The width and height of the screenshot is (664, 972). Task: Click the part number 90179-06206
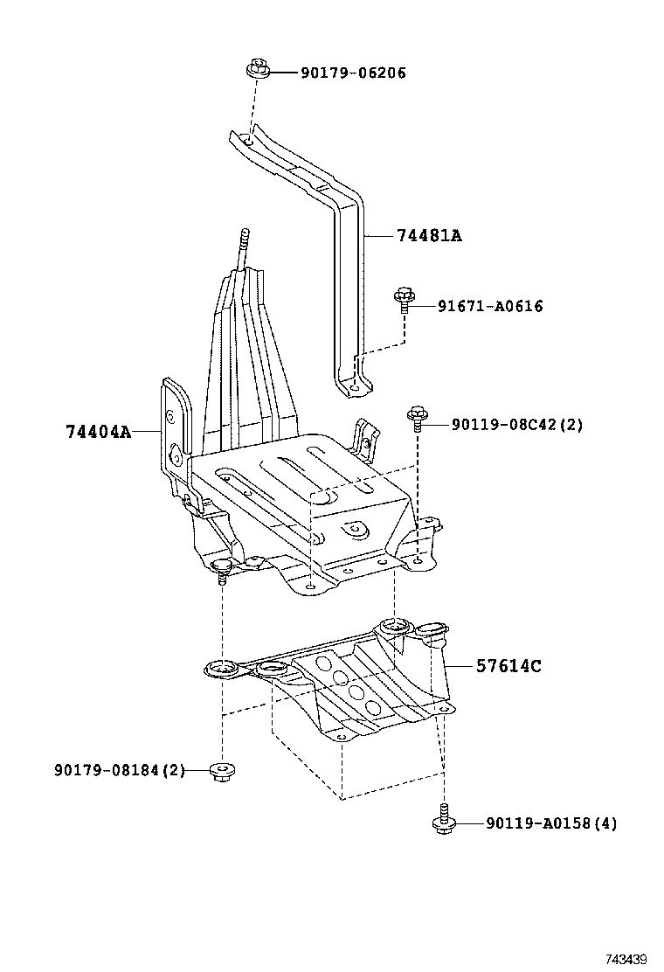click(353, 73)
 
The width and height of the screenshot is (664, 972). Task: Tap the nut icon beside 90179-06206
click(257, 68)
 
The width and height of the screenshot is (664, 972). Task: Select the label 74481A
click(428, 236)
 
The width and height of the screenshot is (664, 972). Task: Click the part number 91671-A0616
click(489, 306)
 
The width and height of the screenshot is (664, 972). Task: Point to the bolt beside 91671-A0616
click(404, 300)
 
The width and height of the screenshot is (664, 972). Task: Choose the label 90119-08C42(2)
click(517, 425)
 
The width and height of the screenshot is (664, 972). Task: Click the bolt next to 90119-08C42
click(418, 419)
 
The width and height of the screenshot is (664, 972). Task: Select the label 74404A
click(98, 432)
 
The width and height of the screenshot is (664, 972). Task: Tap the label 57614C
click(508, 666)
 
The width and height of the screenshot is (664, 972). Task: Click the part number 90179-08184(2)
click(120, 770)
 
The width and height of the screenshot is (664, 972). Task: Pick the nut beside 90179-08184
click(223, 770)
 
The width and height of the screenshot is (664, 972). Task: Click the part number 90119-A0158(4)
click(551, 823)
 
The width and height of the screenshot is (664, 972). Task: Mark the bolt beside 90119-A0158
click(444, 819)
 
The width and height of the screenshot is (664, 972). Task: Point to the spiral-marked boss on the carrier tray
click(356, 529)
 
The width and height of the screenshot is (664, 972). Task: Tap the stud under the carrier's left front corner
click(223, 571)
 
